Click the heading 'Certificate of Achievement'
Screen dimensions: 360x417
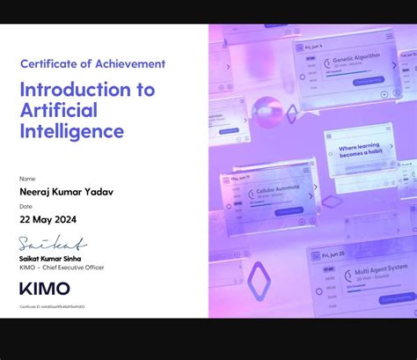(92, 63)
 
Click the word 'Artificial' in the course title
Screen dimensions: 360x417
(60, 109)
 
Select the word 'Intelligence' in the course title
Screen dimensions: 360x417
(72, 131)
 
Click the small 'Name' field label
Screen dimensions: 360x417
(27, 178)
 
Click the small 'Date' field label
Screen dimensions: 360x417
(26, 207)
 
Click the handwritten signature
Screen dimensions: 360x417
(53, 244)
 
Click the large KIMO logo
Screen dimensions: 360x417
(44, 289)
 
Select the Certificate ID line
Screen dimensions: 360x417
(52, 306)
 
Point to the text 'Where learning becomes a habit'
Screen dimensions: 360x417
(362, 151)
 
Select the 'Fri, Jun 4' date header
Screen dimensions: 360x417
(313, 45)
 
